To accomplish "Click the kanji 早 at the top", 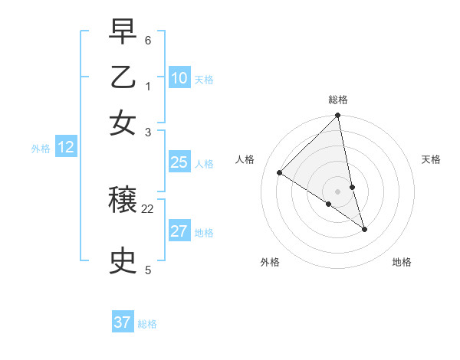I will point(123,31).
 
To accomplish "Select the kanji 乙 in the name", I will point(123,77).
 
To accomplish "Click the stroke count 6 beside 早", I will point(148,39).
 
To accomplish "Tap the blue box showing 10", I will point(179,78).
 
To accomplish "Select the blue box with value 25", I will point(179,162).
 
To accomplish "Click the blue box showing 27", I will point(179,231).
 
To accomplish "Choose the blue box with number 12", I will point(66,147).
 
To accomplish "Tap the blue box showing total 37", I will point(123,322).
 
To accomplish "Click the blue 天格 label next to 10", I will point(204,80).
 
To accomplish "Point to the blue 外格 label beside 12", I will point(41,149).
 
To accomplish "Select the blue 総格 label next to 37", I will point(147,324).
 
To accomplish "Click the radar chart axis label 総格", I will point(338,100).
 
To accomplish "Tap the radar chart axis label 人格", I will point(245,159).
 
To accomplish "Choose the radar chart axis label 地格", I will point(402,262).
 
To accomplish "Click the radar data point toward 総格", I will point(338,116).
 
